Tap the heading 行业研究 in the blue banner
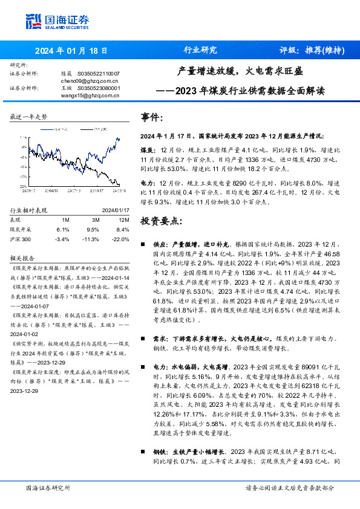(x=200, y=51)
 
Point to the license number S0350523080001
(x=97, y=88)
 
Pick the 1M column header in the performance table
(x=66, y=219)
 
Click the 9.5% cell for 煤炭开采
(x=93, y=230)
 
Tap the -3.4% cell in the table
(x=62, y=239)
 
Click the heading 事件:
(x=152, y=117)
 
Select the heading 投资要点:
(x=161, y=221)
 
